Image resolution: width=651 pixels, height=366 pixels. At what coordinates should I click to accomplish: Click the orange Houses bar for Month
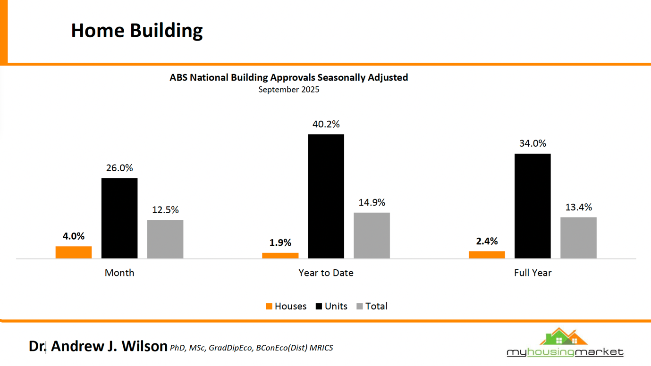[x=74, y=252]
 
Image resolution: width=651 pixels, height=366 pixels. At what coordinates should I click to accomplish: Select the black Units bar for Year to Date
[x=326, y=196]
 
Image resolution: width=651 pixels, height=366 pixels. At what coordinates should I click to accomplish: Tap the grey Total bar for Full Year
[x=578, y=238]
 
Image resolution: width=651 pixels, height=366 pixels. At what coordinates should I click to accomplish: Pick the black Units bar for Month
[x=119, y=218]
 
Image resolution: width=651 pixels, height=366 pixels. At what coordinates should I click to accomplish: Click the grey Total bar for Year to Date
[x=372, y=235]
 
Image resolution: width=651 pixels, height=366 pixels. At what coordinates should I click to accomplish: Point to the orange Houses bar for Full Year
[x=487, y=255]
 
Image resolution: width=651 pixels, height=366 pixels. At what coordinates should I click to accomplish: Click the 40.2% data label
[x=326, y=125]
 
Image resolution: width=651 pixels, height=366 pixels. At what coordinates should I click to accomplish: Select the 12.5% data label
[x=165, y=210]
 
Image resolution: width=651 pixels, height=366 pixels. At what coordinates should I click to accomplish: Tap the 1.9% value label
[x=280, y=243]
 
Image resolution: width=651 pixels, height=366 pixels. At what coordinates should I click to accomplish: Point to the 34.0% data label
[x=533, y=143]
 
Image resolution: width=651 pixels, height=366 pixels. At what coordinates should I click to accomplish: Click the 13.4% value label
[x=578, y=208]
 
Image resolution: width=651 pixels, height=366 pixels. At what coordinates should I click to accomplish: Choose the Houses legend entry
[x=286, y=307]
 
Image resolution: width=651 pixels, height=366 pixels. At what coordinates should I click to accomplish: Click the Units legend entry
[x=331, y=307]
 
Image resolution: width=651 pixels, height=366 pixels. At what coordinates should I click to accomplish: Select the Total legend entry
[x=372, y=307]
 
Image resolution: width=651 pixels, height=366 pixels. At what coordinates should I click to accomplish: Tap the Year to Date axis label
[x=326, y=273]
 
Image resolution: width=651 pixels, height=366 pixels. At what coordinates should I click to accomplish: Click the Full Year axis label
[x=533, y=273]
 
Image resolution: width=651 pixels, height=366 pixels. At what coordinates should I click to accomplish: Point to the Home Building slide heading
[x=137, y=31]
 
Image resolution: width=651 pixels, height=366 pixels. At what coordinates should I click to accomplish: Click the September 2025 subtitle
[x=288, y=90]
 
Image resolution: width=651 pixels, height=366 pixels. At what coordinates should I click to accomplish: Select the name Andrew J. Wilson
[x=109, y=346]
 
